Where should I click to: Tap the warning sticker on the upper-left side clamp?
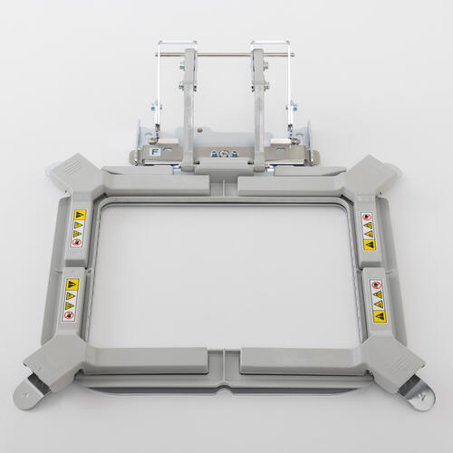(x=80, y=228)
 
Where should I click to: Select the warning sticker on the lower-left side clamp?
(x=71, y=299)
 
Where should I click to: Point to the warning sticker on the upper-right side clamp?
(x=367, y=230)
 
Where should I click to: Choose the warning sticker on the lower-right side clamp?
(x=377, y=300)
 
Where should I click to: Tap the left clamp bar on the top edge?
(x=163, y=186)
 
